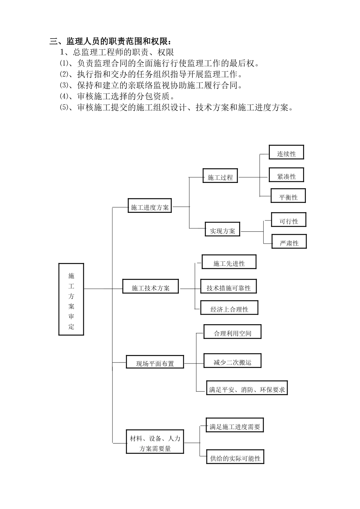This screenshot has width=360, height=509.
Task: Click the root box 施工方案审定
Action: coord(71,299)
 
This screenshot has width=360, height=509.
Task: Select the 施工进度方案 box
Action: coord(150,207)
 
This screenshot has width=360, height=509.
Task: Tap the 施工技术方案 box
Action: coord(151,288)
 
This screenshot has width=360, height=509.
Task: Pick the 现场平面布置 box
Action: coord(155,363)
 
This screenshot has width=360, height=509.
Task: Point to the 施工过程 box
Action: coord(220,177)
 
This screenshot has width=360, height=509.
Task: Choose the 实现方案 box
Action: coord(222,231)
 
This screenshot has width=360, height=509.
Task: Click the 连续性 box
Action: coord(286,153)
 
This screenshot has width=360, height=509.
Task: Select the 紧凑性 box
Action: coord(286,176)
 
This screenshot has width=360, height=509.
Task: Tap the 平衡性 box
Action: coord(288,197)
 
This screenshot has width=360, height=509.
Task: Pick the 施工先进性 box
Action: coord(229,263)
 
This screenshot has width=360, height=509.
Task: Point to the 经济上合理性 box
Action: coord(229,309)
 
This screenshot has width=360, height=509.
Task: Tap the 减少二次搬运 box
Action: coord(232,362)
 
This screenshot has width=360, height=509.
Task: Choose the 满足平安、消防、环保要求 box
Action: coord(247,389)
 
